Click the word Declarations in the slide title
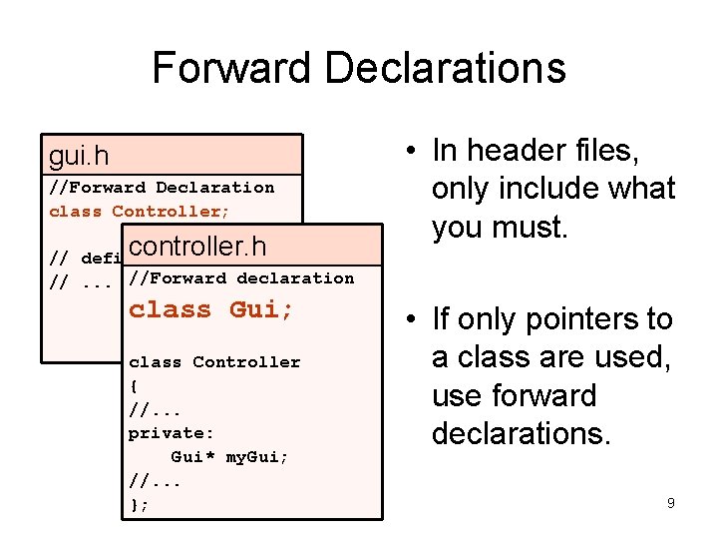(445, 69)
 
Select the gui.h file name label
(80, 157)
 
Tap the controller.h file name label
(197, 246)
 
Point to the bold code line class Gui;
(211, 309)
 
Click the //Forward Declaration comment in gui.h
(162, 188)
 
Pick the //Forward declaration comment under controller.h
(241, 278)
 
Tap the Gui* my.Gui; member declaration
(230, 456)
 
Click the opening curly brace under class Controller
(133, 385)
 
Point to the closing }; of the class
(139, 505)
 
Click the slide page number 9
(670, 503)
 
